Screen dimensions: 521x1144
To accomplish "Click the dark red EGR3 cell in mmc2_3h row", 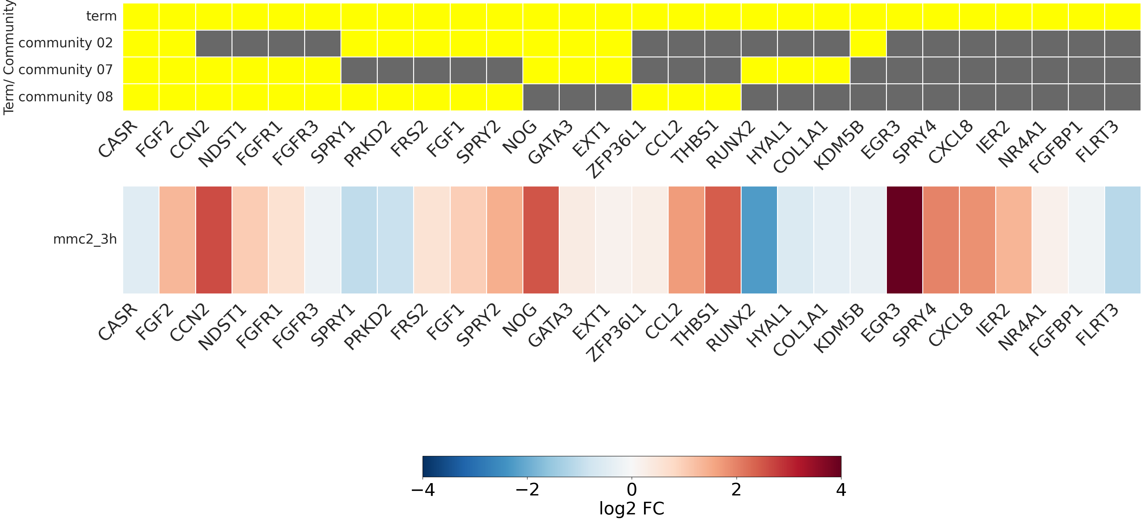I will (x=905, y=240).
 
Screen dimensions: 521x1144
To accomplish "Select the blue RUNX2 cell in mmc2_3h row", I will (x=759, y=240).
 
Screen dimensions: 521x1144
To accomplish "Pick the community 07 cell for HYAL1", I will (x=795, y=70).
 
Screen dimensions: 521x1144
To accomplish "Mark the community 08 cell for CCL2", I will (x=686, y=97).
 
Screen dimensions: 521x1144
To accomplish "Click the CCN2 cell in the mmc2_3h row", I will (x=214, y=240).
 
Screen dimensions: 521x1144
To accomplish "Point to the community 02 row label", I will (x=66, y=43).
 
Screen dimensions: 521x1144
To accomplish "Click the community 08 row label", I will (x=66, y=97).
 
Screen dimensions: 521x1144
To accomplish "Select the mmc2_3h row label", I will (x=85, y=239).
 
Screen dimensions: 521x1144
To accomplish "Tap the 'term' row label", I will (x=101, y=16).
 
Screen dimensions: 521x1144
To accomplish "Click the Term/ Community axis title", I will (x=9, y=58).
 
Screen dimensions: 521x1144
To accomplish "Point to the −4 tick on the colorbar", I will (x=423, y=490).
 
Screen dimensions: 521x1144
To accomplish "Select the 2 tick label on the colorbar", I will (x=736, y=490).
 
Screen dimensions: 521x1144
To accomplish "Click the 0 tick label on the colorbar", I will (x=631, y=490).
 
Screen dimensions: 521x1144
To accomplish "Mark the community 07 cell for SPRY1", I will (x=359, y=70).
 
